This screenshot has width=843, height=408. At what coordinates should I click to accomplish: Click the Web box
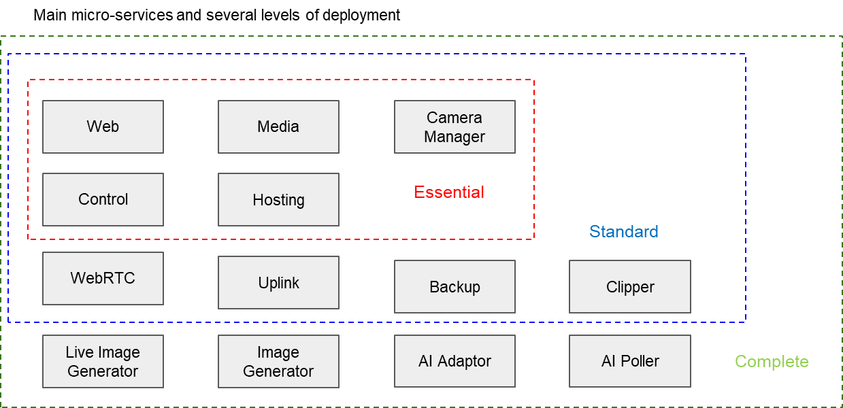tap(103, 126)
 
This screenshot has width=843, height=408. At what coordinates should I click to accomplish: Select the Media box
tap(278, 126)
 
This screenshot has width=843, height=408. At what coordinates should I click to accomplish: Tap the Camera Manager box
tap(454, 126)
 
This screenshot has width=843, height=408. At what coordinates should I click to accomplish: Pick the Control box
tap(103, 199)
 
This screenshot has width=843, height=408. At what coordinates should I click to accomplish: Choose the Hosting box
tap(278, 199)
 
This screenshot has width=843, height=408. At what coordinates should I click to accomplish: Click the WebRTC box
tap(103, 278)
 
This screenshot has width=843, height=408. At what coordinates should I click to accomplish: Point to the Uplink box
tap(278, 282)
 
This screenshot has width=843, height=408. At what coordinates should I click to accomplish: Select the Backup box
tap(454, 286)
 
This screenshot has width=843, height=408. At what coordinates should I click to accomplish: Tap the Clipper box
tap(630, 286)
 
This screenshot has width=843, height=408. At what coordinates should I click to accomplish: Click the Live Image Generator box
tap(103, 361)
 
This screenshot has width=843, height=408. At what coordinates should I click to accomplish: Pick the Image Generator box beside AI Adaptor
tap(278, 361)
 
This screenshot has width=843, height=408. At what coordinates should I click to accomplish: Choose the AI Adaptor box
tap(454, 361)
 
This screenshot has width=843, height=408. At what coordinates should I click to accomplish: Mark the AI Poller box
tap(630, 361)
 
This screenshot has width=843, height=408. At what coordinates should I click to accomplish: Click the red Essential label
tap(449, 192)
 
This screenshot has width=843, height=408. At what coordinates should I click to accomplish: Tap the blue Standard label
tap(624, 232)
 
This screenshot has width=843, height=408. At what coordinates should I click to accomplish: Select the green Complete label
tap(772, 362)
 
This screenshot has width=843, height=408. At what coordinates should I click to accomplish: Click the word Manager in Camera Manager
tap(454, 137)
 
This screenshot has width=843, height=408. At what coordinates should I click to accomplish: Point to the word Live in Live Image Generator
tap(79, 352)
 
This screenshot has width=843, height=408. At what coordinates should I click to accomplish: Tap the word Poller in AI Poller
tap(640, 361)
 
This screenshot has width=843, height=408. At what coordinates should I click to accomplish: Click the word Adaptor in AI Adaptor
tap(464, 361)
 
